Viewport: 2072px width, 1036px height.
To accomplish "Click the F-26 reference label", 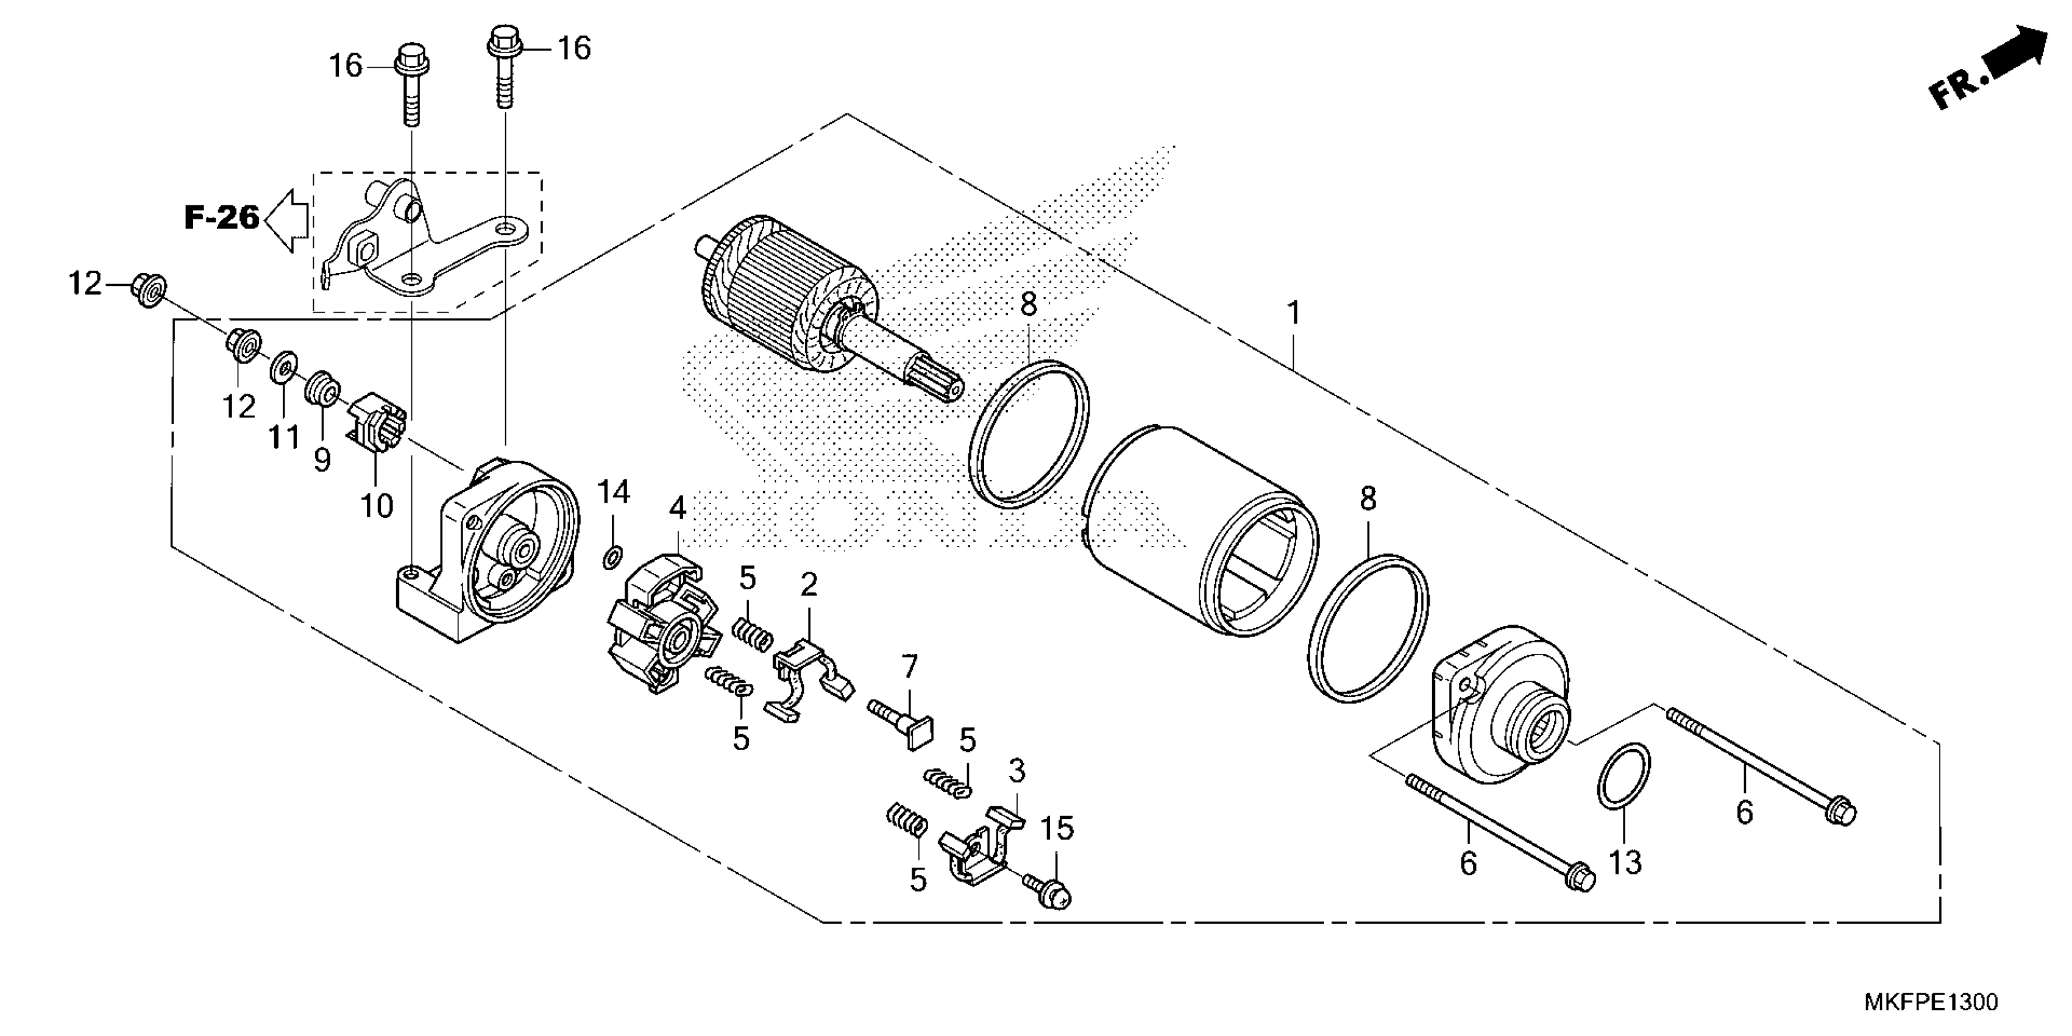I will [x=222, y=217].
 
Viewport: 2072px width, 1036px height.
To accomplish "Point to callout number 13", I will [x=1624, y=862].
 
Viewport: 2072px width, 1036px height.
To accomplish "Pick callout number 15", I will [x=1058, y=828].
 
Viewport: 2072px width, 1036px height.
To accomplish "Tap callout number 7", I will [x=909, y=666].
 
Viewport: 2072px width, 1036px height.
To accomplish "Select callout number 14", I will [x=613, y=491].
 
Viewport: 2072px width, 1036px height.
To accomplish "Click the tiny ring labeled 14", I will [x=612, y=556].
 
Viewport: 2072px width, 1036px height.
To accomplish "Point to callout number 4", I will [x=678, y=508].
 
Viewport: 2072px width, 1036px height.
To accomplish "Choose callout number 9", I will [x=322, y=460].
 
